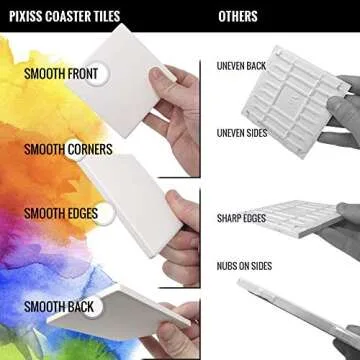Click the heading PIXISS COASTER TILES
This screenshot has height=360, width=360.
pyautogui.click(x=65, y=16)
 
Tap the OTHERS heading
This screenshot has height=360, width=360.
pyautogui.click(x=238, y=16)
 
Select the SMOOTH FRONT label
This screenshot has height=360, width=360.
pyautogui.click(x=61, y=74)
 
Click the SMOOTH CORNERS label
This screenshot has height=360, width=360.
pyautogui.click(x=68, y=149)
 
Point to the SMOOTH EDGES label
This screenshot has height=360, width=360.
pyautogui.click(x=61, y=213)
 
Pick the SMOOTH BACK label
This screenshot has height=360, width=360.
pyautogui.click(x=59, y=307)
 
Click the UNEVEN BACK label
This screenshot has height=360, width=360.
pyautogui.click(x=242, y=66)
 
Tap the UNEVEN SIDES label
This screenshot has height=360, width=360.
pyautogui.click(x=242, y=133)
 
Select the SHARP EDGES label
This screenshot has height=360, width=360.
pyautogui.click(x=241, y=218)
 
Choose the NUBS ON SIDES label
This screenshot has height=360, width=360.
pyautogui.click(x=244, y=266)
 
